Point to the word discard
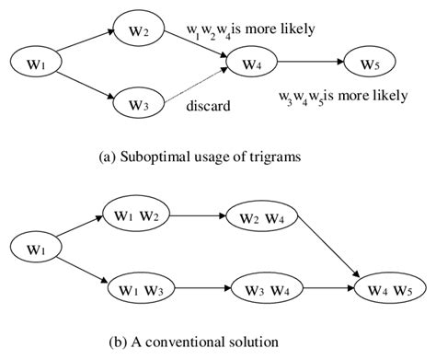tap(207, 106)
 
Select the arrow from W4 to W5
tap(312, 64)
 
